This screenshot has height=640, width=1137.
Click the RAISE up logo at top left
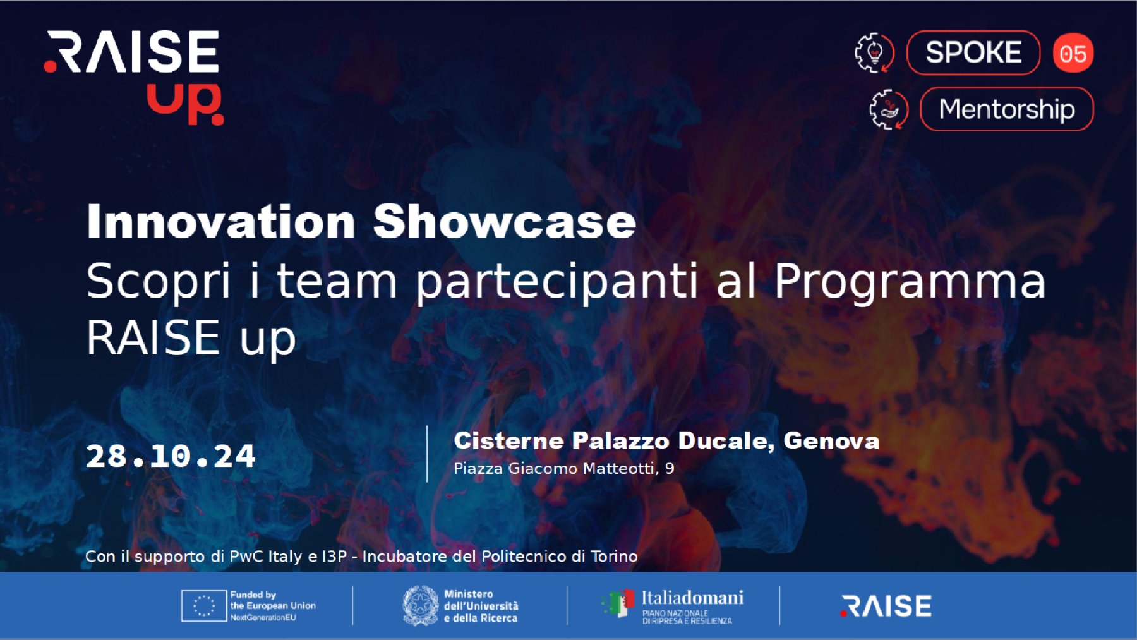133,77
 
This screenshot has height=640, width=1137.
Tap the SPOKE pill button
973,52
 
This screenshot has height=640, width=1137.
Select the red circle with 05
1073,53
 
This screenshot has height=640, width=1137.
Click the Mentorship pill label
1006,109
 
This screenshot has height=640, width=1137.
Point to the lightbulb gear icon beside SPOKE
874,52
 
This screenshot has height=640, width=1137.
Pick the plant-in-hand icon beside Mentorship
889,109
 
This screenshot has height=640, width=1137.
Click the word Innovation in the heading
221,221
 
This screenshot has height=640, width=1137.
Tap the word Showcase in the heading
504,221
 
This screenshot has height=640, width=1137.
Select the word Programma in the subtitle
910,282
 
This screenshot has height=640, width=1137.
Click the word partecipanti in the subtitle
556,282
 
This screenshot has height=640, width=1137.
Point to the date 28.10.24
171,456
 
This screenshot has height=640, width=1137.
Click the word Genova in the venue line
831,441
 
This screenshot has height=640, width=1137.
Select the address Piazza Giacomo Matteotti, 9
563,469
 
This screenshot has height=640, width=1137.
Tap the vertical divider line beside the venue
427,454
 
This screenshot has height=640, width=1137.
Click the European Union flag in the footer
203,606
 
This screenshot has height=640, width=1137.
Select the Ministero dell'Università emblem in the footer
420,606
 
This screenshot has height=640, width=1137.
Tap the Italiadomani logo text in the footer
692,598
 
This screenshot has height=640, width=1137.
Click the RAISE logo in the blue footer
886,606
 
